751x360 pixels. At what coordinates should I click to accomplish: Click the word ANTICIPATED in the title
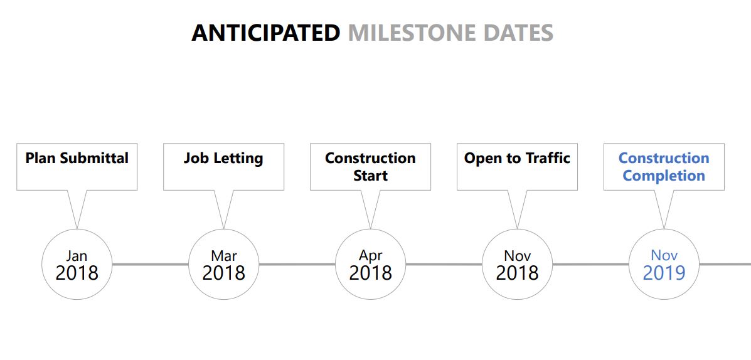point(266,33)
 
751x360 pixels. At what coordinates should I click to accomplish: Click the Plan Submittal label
point(77,158)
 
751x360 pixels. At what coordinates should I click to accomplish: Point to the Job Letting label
point(224,159)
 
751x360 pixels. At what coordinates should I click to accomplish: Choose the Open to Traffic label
point(517,159)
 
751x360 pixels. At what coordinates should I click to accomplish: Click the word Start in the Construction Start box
point(370,175)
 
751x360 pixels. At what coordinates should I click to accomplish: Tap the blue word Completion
point(664,176)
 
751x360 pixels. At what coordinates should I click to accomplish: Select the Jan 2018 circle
point(77,264)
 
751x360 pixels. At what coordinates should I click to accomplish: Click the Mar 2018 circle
point(224,264)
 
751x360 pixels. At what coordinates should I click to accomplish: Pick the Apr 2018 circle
point(370,264)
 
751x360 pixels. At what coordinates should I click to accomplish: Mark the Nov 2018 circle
point(517,264)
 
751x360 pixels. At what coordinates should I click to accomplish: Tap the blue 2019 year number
point(664,273)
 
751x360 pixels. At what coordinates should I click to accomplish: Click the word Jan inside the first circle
point(77,256)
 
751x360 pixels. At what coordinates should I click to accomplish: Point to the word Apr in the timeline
point(370,256)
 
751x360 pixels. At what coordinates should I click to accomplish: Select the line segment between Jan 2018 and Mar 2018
point(151,264)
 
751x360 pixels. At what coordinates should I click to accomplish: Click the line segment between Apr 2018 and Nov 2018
point(444,264)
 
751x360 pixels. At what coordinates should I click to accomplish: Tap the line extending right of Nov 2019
point(725,264)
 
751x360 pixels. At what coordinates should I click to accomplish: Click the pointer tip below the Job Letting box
point(224,228)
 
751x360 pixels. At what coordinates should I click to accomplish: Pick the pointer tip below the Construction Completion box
point(664,228)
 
